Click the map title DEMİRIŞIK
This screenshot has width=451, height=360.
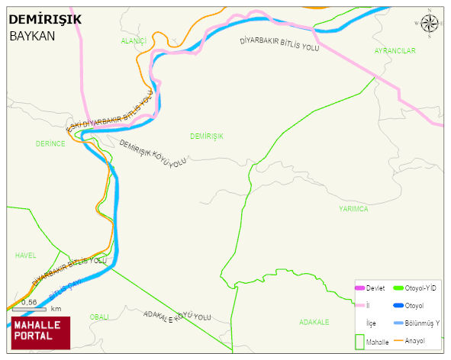(x=45, y=19)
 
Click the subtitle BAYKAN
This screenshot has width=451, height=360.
(x=33, y=36)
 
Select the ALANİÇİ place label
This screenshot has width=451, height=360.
(x=133, y=40)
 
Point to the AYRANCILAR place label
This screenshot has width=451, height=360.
(x=395, y=50)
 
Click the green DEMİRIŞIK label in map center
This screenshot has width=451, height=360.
(x=207, y=136)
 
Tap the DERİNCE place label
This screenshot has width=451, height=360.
(x=50, y=143)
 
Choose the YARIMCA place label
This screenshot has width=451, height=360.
(x=353, y=208)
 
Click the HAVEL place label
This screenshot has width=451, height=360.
(x=25, y=256)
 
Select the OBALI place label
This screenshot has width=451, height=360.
(x=99, y=317)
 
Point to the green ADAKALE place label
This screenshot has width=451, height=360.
(x=314, y=322)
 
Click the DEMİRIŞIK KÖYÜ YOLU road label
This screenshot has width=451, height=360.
(x=153, y=153)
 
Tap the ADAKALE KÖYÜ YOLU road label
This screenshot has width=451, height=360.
(x=176, y=315)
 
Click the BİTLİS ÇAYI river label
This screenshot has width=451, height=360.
(x=64, y=289)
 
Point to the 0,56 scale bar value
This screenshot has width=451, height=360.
(x=29, y=302)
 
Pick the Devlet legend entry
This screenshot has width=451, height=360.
(x=375, y=288)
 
